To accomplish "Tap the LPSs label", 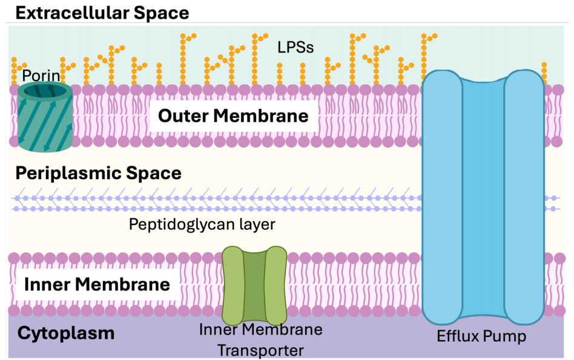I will click(x=295, y=47).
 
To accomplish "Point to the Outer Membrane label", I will click(x=233, y=116).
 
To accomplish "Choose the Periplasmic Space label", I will click(x=98, y=173).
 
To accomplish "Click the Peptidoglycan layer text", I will click(x=202, y=224).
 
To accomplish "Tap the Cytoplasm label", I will click(x=66, y=333).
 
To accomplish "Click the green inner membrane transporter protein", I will click(x=254, y=284).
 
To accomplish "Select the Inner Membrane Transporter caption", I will click(x=261, y=340).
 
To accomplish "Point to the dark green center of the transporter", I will click(x=254, y=284).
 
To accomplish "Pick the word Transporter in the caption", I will click(x=261, y=350).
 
